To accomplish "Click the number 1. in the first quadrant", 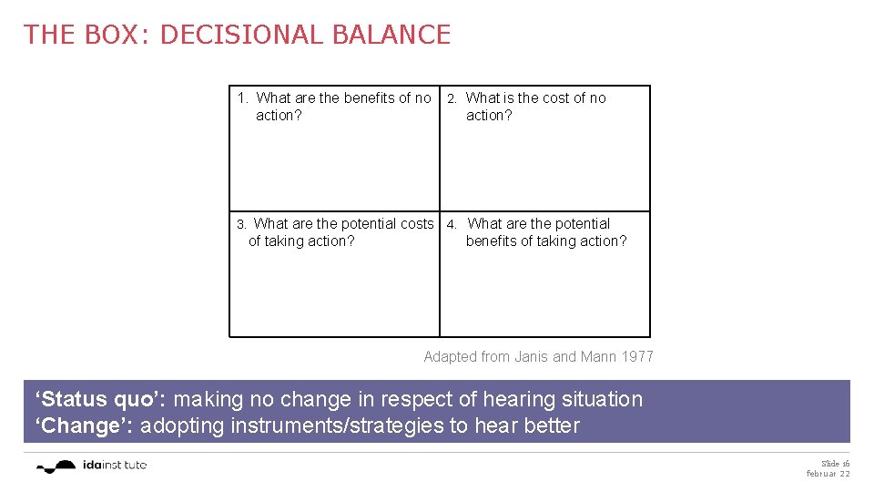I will coord(243,98).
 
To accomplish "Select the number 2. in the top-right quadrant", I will coord(452,98).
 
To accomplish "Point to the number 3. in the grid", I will coord(241,224).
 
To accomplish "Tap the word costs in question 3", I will coord(417,223).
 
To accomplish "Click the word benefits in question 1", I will coord(370,97).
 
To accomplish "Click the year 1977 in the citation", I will coord(637,356).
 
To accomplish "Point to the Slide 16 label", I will coord(835,463).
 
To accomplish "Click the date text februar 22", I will coord(828,474).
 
